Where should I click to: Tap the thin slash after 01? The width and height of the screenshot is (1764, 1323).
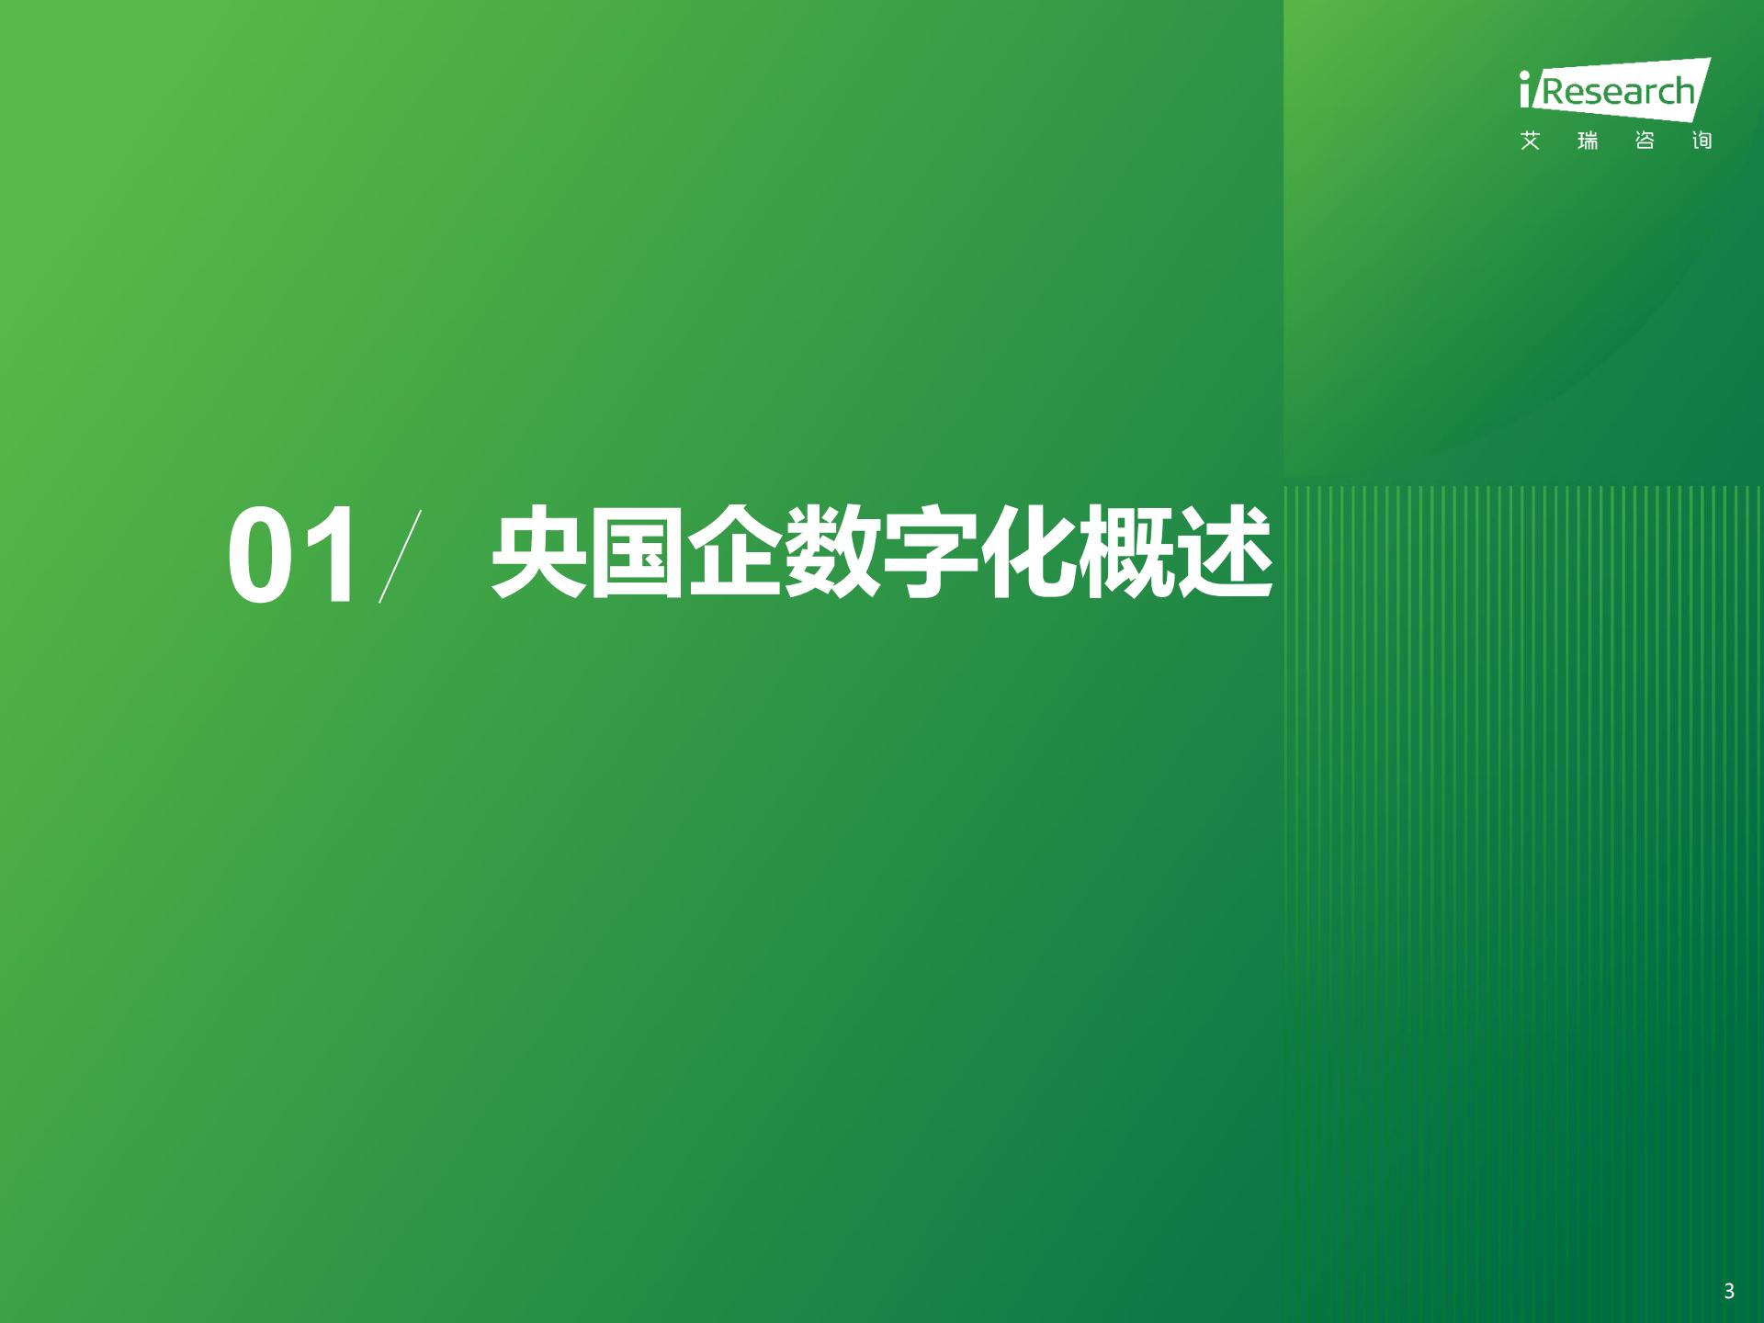tap(400, 556)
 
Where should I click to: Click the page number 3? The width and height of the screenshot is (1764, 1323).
tap(1729, 1291)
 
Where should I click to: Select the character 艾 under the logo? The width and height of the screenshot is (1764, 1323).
tap(1530, 141)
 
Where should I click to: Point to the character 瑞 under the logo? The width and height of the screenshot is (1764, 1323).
tap(1587, 141)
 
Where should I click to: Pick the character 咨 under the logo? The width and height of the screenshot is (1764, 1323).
tap(1645, 141)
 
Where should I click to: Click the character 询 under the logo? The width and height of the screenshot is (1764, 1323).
tap(1702, 141)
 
